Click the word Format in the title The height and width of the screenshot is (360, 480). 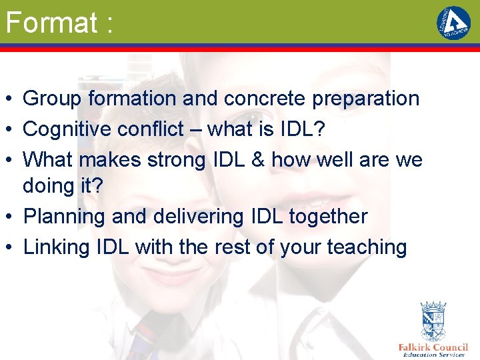click(51, 23)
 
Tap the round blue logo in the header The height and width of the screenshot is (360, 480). click(453, 23)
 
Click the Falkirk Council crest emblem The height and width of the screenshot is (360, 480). click(433, 321)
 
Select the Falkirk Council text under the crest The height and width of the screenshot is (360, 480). click(433, 347)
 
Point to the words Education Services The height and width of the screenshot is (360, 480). click(433, 355)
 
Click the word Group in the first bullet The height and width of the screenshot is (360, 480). click(52, 99)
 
